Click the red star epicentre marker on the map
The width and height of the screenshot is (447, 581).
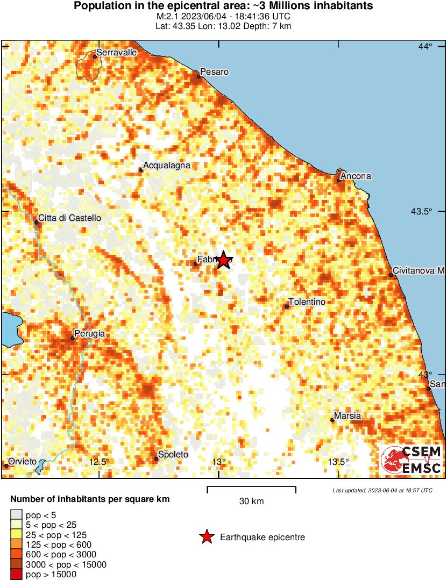[x=224, y=261]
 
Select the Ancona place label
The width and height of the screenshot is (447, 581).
[x=357, y=176]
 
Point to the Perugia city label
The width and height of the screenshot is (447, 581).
[x=90, y=334]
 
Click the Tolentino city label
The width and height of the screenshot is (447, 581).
[x=307, y=302]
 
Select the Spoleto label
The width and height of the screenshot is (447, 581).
[x=174, y=455]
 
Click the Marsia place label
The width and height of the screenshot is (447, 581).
[x=347, y=415]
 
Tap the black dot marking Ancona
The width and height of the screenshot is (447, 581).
[x=339, y=180]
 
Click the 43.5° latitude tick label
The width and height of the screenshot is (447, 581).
[x=422, y=211]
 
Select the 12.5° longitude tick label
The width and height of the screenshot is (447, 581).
[x=99, y=462]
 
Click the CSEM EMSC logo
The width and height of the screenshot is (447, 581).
[x=411, y=460]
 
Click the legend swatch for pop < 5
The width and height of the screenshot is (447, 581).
[x=17, y=515]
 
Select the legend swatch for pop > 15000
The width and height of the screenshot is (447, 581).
[x=17, y=575]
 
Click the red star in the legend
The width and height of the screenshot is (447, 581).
[x=206, y=536]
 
